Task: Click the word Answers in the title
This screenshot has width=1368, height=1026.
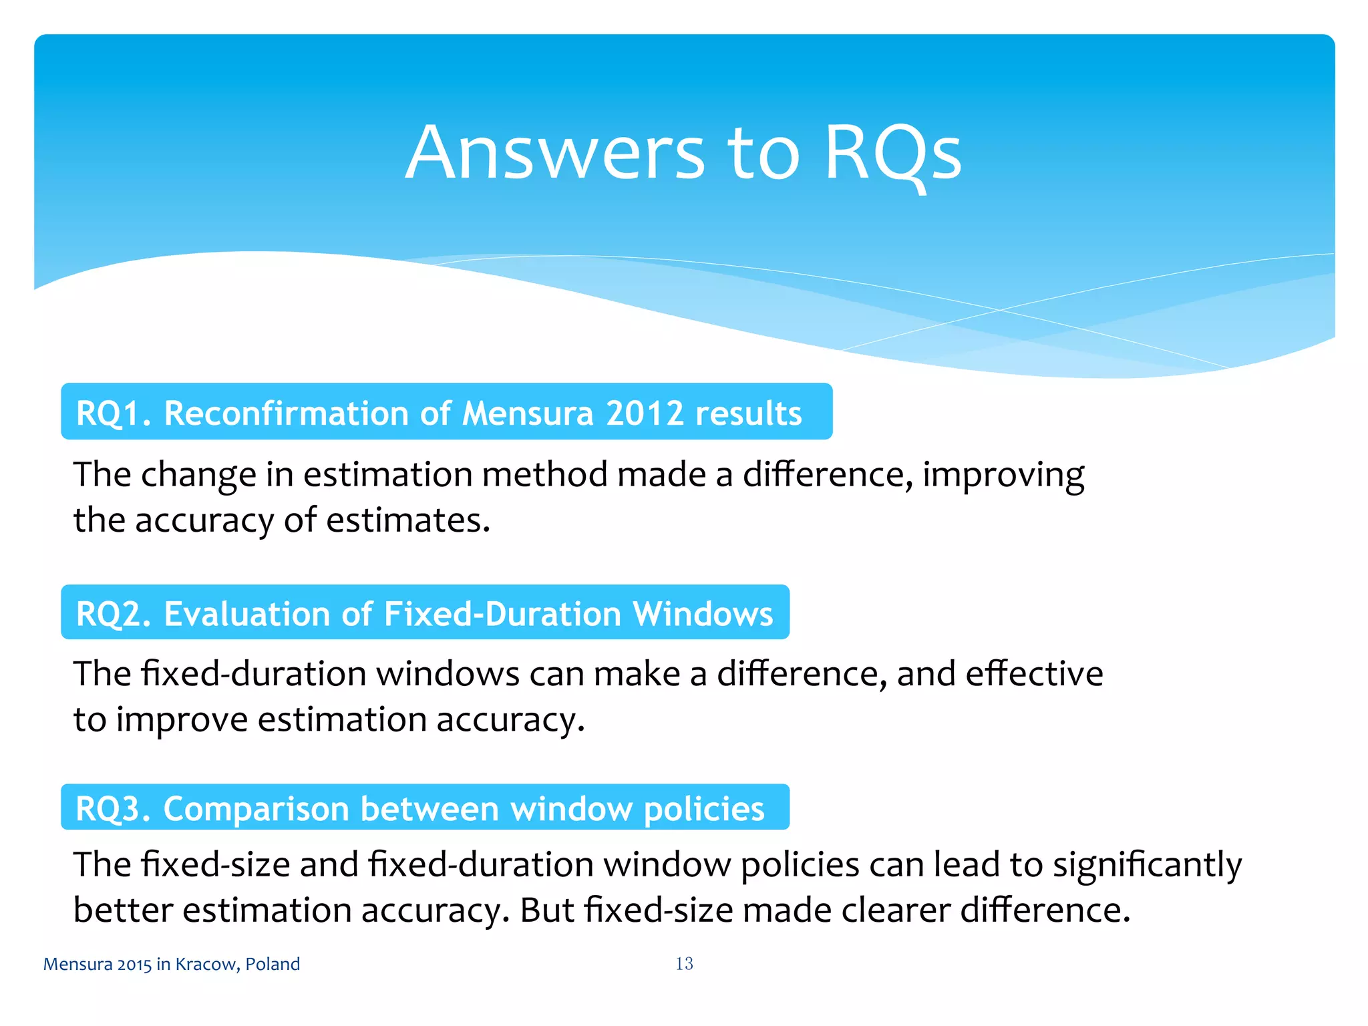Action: (555, 154)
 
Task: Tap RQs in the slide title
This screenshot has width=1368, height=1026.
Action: (893, 154)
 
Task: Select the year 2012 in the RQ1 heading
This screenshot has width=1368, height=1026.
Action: (645, 413)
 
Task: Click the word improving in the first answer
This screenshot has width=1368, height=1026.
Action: (1003, 476)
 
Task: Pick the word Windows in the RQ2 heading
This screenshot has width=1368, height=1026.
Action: (703, 613)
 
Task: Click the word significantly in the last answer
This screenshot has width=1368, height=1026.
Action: (1147, 866)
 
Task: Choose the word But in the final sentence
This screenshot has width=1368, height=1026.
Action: (546, 910)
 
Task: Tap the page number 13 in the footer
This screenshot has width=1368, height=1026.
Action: (684, 963)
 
